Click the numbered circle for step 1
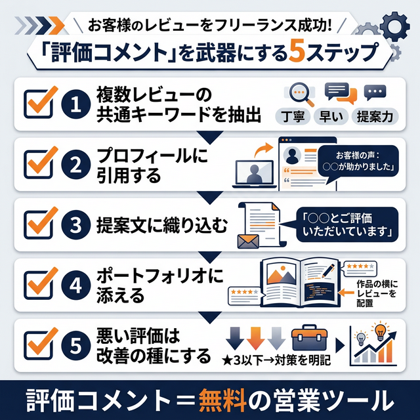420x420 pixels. coord(76,105)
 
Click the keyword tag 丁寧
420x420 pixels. coord(298,117)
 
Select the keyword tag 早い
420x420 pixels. coord(335,117)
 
